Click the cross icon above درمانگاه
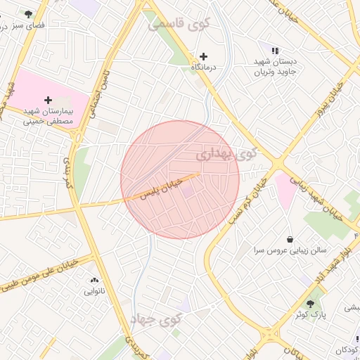(204, 56)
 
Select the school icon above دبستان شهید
(274, 51)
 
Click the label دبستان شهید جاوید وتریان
(276, 66)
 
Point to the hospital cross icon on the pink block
(48, 101)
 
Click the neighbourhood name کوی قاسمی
(179, 24)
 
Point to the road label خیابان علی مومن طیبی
(41, 274)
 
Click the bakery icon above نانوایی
(94, 280)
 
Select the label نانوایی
(94, 290)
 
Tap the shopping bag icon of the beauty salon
(289, 239)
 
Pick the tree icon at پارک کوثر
(310, 304)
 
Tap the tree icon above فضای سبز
(28, 14)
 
